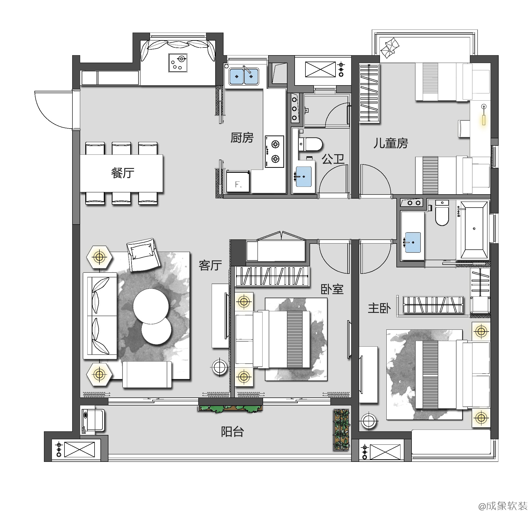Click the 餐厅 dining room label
123,173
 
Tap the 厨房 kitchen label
242,138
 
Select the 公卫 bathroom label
333,159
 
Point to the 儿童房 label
391,143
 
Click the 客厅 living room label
210,266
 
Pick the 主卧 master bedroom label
379,308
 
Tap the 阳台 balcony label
232,432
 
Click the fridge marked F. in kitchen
238,181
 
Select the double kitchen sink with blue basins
244,76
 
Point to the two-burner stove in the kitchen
275,152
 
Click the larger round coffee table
151,306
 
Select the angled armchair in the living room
143,254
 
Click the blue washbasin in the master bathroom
413,242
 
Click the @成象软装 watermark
502,506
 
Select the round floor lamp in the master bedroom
368,421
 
